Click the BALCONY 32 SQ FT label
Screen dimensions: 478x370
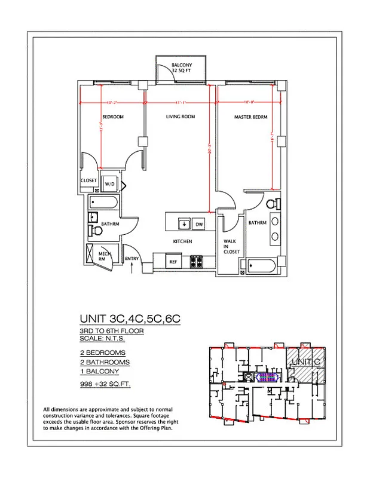tap(181, 68)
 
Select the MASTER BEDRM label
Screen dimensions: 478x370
tap(250, 117)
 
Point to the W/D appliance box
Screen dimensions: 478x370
tap(111, 185)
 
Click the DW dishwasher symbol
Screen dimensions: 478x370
tap(199, 223)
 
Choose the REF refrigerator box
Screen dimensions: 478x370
tap(173, 262)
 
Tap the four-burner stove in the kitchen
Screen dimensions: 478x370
tap(198, 261)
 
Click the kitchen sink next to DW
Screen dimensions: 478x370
tap(184, 223)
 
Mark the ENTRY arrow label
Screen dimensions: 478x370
tap(132, 259)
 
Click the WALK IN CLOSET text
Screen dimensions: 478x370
tap(231, 247)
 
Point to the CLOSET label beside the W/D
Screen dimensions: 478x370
tap(89, 180)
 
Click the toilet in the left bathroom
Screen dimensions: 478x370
tap(96, 231)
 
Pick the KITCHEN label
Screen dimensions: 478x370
tap(182, 241)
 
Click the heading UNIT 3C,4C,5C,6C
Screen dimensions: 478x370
tap(130, 319)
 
